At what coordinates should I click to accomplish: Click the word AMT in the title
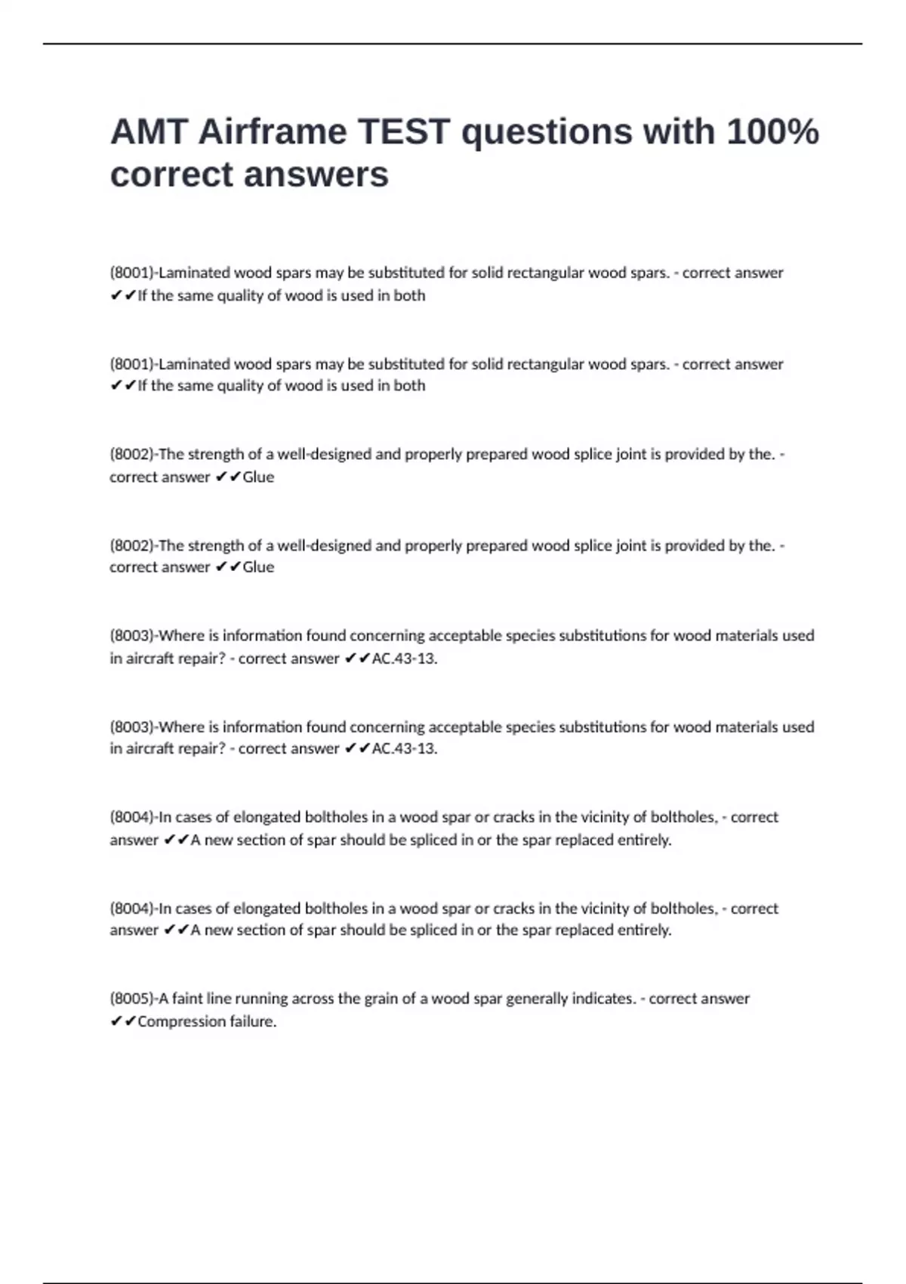pos(149,132)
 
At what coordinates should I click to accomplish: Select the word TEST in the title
pos(403,132)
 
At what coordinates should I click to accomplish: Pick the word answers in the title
pos(316,175)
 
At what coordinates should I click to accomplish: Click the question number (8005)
pos(132,998)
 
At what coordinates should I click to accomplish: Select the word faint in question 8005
pos(187,998)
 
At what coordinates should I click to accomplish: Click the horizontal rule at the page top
pos(453,44)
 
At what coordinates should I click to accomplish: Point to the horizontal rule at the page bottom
pos(453,1282)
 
